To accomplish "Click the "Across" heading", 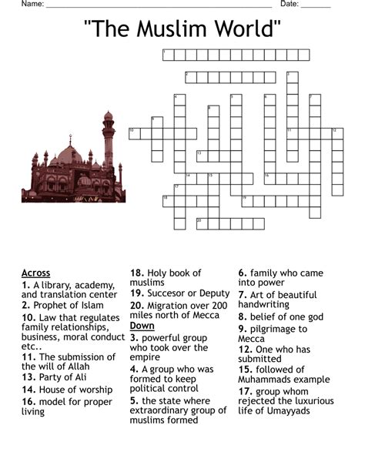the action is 36,273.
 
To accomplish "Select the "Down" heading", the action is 144,326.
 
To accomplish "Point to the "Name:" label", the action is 32,5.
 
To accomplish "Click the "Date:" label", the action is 290,5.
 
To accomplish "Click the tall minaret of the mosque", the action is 108,142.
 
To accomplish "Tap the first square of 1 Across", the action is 167,55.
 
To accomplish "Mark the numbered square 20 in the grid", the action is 201,223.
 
